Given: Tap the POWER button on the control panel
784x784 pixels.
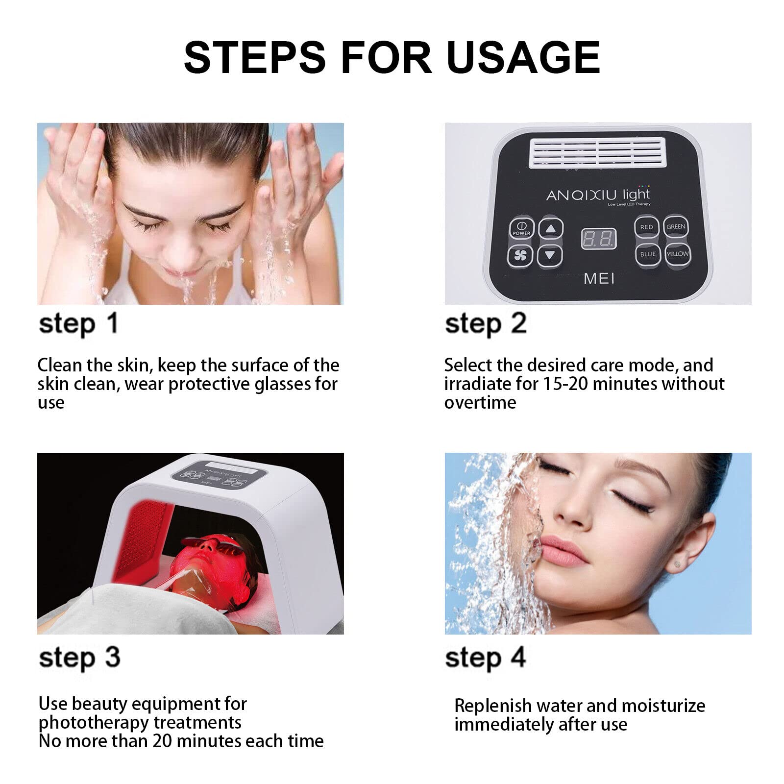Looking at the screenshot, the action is coord(521,228).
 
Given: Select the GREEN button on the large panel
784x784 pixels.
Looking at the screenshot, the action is coord(676,226).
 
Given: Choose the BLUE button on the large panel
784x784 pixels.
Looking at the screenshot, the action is coord(648,254).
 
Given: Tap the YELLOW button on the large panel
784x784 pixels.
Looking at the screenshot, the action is coord(678,254).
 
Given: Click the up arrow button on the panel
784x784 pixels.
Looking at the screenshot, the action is coord(551,228).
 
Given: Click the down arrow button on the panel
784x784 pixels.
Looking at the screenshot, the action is coord(550,255).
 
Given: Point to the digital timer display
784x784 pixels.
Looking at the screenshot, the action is coord(598,239).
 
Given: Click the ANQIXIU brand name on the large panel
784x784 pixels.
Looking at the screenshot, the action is coord(581,195).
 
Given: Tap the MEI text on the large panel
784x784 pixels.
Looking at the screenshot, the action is coord(599,279).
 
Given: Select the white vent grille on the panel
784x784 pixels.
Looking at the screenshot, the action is coord(598,152).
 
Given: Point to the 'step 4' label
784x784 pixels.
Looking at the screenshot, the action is coord(485,658).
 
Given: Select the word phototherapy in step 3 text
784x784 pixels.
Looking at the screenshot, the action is coord(94,723).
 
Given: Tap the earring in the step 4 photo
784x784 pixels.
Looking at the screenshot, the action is coord(677,564).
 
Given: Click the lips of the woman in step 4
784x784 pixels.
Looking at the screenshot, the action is coord(562,551).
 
